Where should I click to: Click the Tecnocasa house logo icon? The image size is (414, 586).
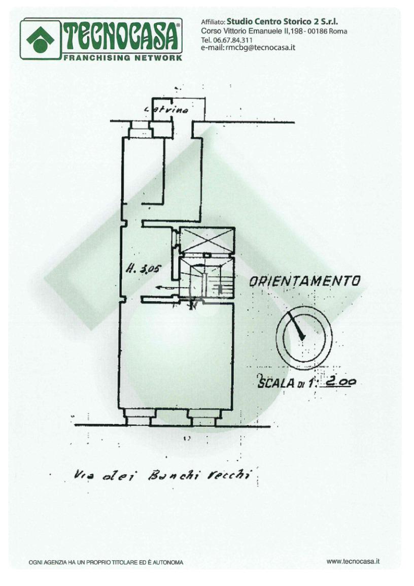[x=40, y=39]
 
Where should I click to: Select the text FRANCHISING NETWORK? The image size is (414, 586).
[x=122, y=57]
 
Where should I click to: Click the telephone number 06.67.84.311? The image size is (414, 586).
[x=234, y=40]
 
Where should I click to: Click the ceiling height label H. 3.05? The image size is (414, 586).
[x=142, y=270]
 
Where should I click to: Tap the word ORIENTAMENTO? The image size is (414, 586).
[x=305, y=281]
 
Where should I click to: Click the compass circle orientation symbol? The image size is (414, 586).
[x=304, y=338]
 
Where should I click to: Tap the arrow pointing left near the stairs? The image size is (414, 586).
[x=163, y=287]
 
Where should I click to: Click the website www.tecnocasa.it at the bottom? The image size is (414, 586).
[x=353, y=561]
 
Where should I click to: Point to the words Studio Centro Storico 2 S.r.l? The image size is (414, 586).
[x=282, y=21]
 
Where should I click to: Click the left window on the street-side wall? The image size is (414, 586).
[x=137, y=417]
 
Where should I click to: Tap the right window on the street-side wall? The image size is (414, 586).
[x=203, y=417]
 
